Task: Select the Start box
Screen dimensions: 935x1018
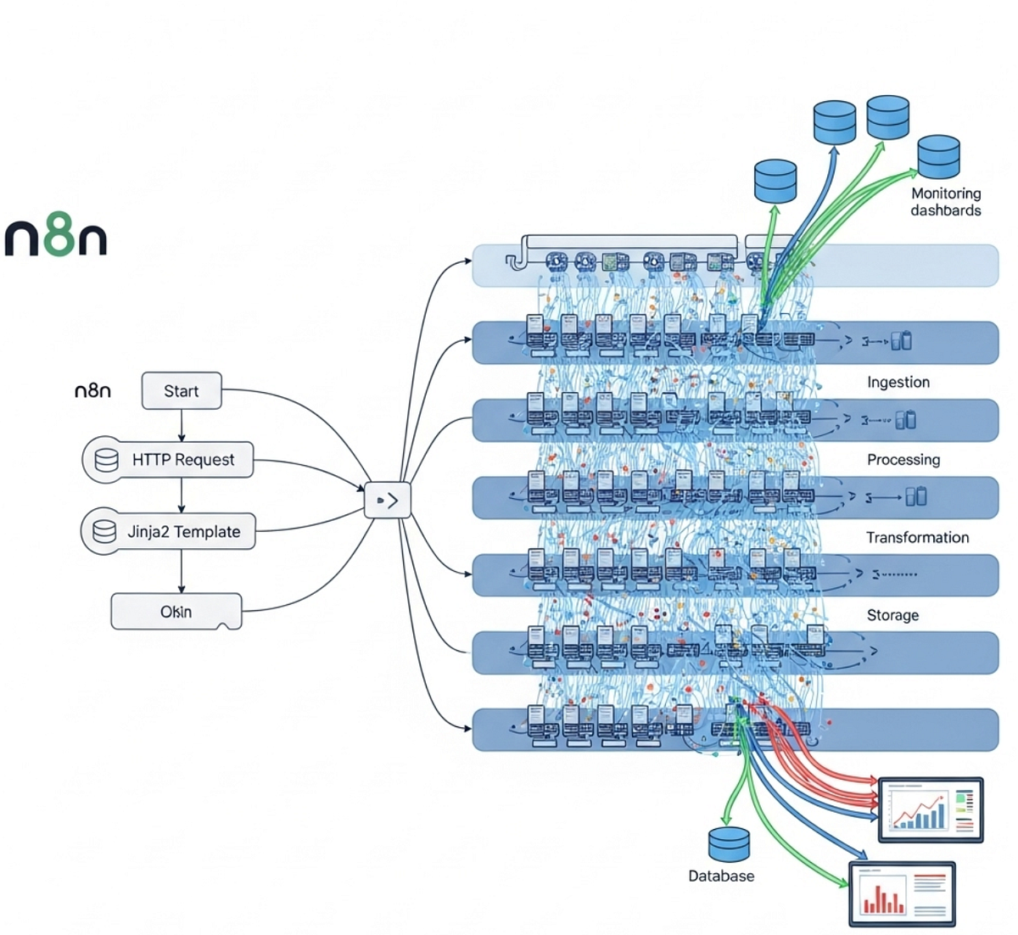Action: [182, 391]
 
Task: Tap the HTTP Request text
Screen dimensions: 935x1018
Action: [183, 460]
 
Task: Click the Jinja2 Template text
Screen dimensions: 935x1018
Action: [184, 532]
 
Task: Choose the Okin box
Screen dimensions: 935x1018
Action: [176, 612]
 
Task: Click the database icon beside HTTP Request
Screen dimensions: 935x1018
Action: [107, 460]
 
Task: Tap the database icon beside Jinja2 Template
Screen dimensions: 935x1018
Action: [105, 532]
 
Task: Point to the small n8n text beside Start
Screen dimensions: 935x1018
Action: [93, 391]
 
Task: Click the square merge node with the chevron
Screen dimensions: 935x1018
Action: [388, 501]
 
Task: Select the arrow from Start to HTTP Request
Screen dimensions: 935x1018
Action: [182, 425]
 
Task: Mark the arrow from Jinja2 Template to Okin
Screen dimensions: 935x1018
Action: [182, 572]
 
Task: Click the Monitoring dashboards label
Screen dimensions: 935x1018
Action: [946, 202]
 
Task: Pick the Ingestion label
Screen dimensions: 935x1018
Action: [898, 382]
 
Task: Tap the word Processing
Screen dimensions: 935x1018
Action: [903, 460]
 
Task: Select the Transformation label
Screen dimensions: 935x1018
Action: [917, 538]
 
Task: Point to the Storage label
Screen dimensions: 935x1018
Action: [892, 615]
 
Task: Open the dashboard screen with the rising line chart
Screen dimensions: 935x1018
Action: [931, 809]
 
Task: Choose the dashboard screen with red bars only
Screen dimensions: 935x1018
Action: [902, 893]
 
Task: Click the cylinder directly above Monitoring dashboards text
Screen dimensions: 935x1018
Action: [938, 157]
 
